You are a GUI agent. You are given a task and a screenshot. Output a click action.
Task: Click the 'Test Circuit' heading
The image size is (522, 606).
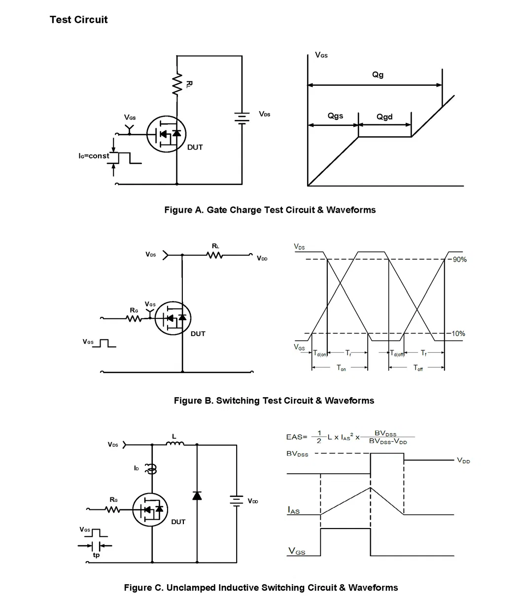click(x=78, y=20)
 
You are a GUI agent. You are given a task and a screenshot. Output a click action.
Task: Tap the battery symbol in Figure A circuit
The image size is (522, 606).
click(x=242, y=118)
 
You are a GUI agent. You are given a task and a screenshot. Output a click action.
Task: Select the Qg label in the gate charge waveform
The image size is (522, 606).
click(x=378, y=75)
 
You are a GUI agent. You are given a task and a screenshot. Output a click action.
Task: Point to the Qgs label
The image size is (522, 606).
click(x=335, y=116)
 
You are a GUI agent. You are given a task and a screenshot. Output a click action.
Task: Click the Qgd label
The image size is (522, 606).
click(x=384, y=117)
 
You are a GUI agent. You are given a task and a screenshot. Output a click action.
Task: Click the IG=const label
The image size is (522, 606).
click(x=94, y=156)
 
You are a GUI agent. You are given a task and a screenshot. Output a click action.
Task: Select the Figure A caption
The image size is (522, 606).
click(x=270, y=210)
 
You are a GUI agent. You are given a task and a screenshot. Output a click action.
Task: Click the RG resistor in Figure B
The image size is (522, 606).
click(x=134, y=319)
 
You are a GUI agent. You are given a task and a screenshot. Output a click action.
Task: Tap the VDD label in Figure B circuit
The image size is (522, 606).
click(x=262, y=259)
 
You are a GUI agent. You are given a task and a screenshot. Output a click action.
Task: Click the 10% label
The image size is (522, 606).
click(x=458, y=334)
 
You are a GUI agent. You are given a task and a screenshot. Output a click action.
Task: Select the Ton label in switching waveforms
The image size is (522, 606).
click(x=341, y=368)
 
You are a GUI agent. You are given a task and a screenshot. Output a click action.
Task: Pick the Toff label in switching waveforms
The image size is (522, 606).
click(x=418, y=368)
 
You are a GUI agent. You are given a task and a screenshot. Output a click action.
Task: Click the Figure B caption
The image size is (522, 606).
click(x=274, y=401)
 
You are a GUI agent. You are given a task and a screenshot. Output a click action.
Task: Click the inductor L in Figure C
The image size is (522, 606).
click(x=174, y=444)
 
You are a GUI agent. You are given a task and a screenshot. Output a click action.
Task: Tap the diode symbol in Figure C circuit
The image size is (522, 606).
click(x=197, y=495)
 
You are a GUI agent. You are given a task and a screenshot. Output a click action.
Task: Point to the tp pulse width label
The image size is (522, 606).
click(x=96, y=555)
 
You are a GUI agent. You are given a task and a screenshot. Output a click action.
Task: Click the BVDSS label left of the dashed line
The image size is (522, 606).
click(x=297, y=454)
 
